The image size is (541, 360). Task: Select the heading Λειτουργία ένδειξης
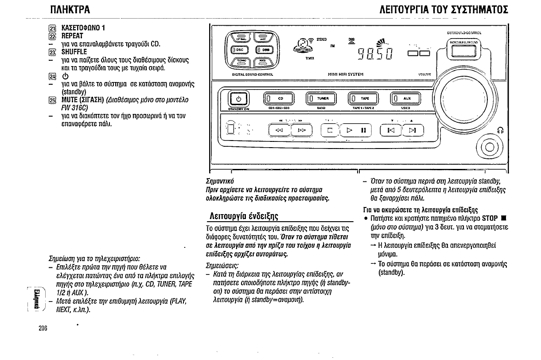tap(243, 216)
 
